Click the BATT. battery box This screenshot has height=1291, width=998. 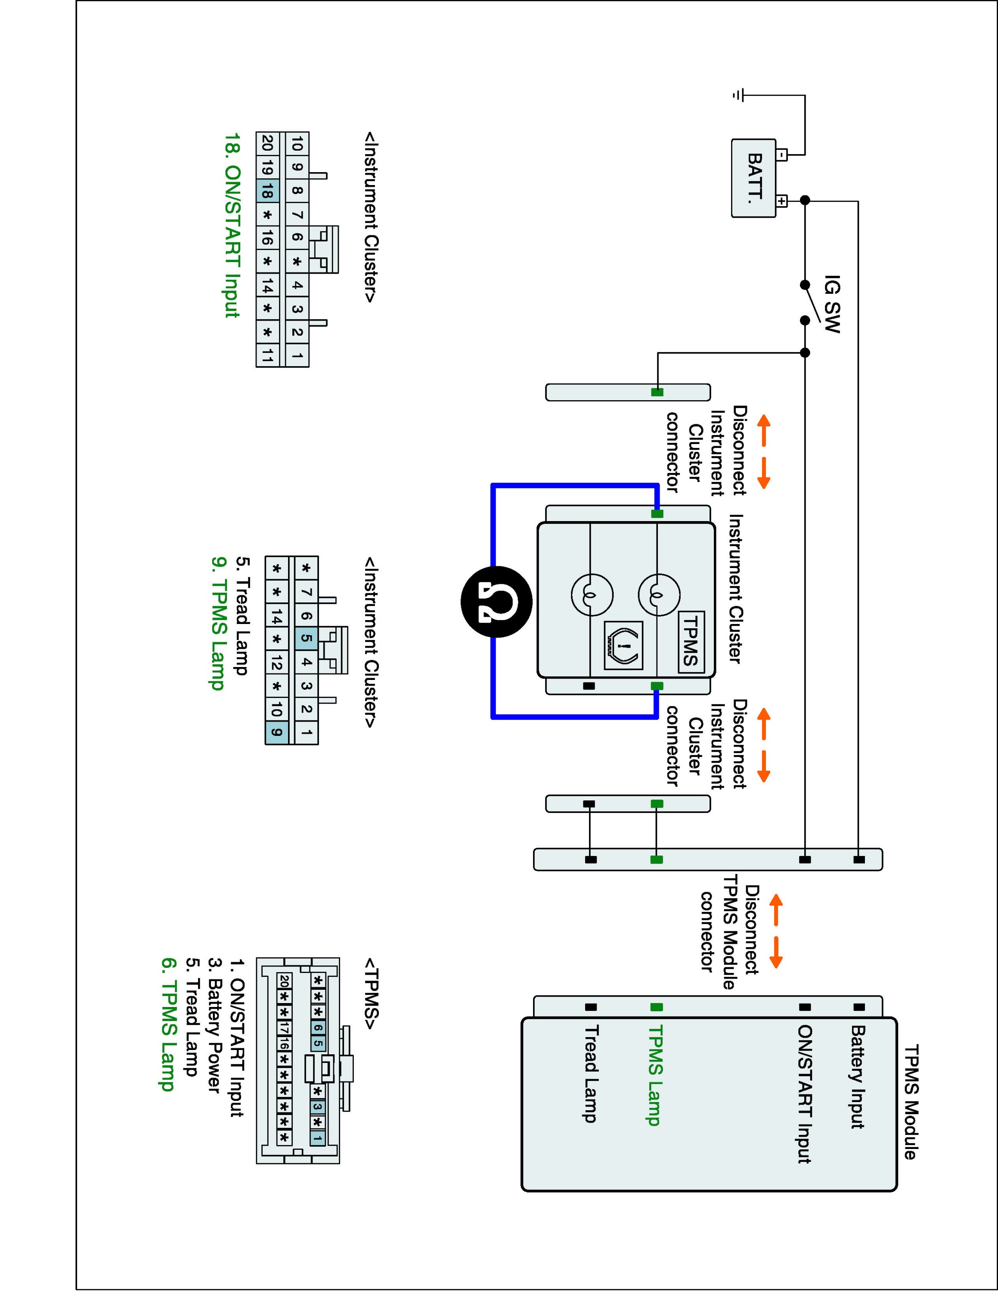click(753, 178)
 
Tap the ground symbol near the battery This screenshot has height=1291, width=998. click(738, 95)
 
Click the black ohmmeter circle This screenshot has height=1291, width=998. click(497, 601)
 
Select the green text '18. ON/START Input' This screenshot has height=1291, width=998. click(232, 225)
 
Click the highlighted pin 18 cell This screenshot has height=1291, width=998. click(267, 191)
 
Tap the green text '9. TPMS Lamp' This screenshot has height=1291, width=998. click(217, 623)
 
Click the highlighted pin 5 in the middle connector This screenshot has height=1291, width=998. click(306, 639)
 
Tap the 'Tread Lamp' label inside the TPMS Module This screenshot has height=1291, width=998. click(591, 1074)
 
